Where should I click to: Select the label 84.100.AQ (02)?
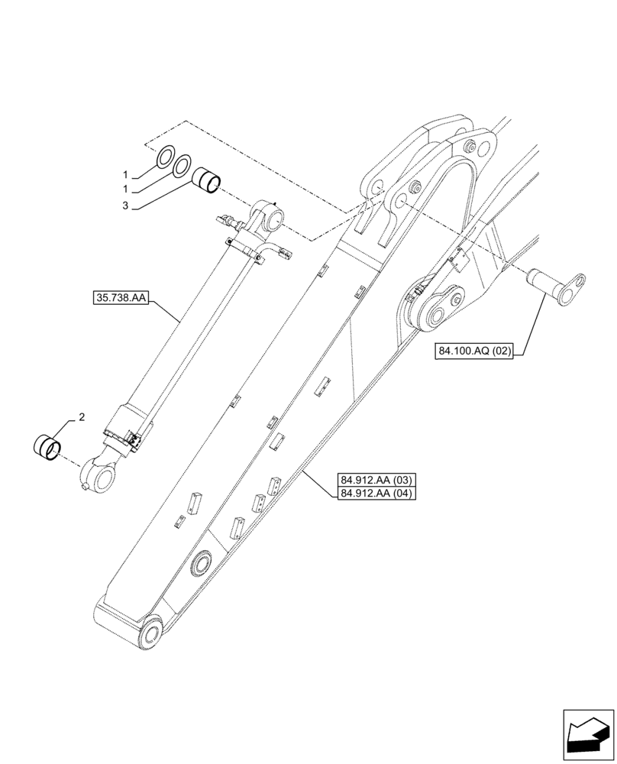[475, 351]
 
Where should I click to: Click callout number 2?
[82, 417]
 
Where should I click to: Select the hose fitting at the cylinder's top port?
[228, 222]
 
